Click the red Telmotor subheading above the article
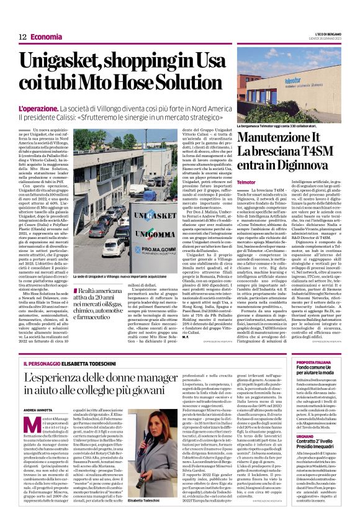coord(246,181)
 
